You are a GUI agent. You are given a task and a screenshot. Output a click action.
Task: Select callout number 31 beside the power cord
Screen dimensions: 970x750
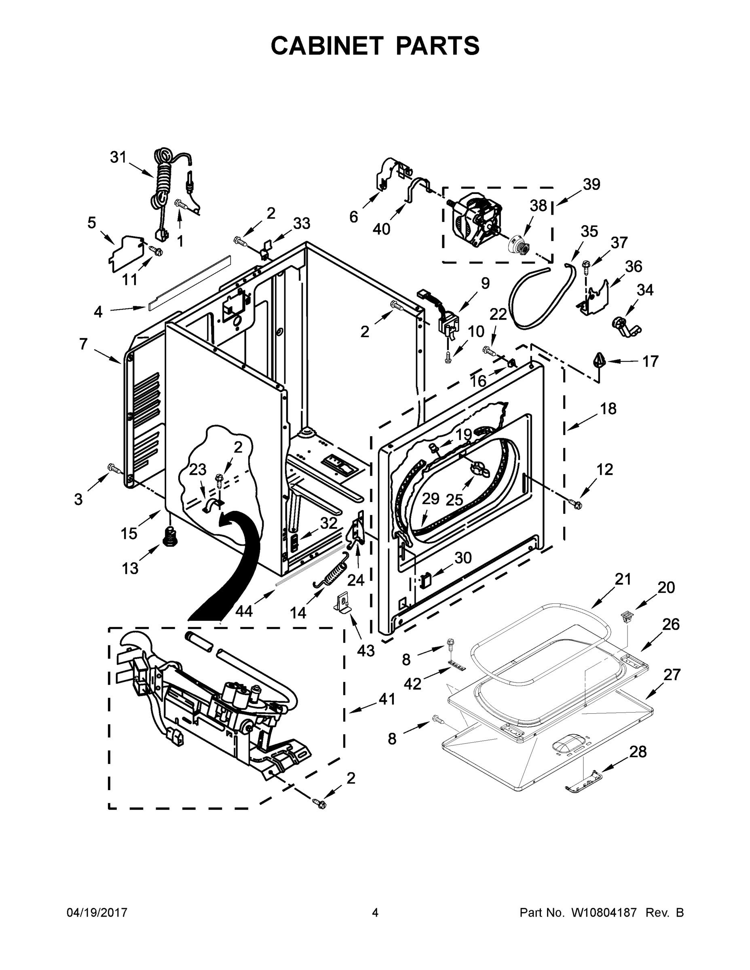[x=118, y=157]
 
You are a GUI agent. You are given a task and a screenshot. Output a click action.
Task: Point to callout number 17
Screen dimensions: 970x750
[x=650, y=362]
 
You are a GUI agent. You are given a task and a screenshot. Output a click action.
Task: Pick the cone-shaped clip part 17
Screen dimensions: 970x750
[x=600, y=359]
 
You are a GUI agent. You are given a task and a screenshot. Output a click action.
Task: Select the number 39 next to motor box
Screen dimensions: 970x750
[x=592, y=184]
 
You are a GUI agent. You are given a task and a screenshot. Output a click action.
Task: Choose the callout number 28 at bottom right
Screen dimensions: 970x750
[x=638, y=751]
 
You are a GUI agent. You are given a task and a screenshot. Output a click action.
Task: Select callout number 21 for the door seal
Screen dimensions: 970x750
[x=623, y=579]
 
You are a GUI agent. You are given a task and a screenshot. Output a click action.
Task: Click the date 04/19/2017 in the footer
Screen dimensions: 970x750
[x=97, y=913]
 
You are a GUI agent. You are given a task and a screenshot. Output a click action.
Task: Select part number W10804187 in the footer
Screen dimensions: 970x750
[x=604, y=913]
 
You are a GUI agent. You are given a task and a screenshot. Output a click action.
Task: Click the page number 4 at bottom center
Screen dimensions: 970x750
[x=375, y=913]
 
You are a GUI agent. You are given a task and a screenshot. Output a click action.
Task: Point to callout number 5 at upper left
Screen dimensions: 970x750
[x=91, y=223]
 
